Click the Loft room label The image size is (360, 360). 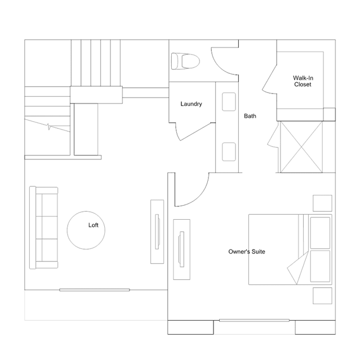[x=93, y=225]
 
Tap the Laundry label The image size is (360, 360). [x=191, y=104]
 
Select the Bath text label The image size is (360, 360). [x=250, y=116]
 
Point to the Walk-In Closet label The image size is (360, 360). [x=303, y=81]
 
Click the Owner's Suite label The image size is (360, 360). [x=247, y=252]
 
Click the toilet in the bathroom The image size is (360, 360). [x=185, y=61]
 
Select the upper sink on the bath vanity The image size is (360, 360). [x=229, y=102]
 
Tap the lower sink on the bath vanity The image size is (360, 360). [x=229, y=152]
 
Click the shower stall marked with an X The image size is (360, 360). [x=301, y=147]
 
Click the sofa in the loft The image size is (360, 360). [x=43, y=228]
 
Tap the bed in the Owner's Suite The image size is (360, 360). [x=290, y=250]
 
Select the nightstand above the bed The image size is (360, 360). [x=322, y=203]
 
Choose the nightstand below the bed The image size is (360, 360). [x=322, y=296]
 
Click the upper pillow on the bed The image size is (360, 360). [x=320, y=233]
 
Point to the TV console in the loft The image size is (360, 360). [x=157, y=232]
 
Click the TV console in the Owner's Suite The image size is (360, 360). [x=181, y=250]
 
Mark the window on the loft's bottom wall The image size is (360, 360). [x=95, y=290]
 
